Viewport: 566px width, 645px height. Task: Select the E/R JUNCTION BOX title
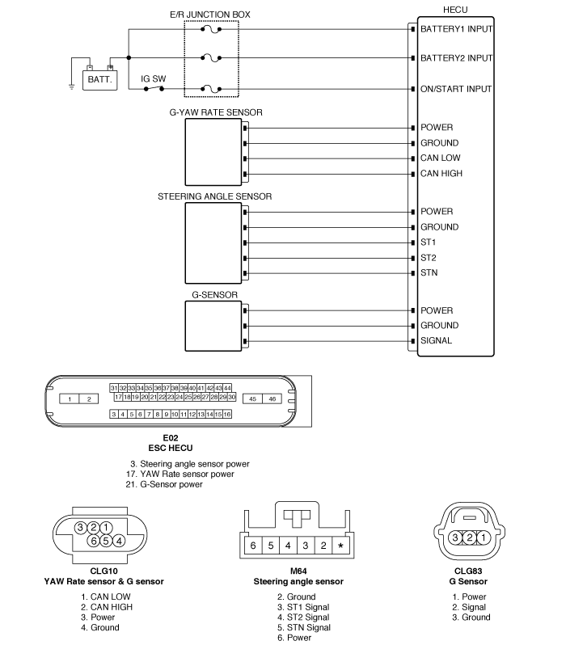pyautogui.click(x=211, y=15)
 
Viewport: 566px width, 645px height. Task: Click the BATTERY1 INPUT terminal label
pyautogui.click(x=456, y=29)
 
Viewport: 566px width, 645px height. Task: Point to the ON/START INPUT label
pyautogui.click(x=457, y=89)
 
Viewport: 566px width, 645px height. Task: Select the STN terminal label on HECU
pyautogui.click(x=429, y=273)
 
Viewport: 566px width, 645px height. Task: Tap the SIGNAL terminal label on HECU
pyautogui.click(x=437, y=341)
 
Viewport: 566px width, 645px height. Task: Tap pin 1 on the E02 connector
pyautogui.click(x=71, y=398)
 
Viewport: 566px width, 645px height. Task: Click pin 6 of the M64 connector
pyautogui.click(x=252, y=546)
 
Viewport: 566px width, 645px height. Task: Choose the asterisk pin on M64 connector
pyautogui.click(x=341, y=546)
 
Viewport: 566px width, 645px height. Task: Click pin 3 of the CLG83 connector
pyautogui.click(x=456, y=537)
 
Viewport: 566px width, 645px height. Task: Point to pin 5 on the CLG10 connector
pyautogui.click(x=106, y=540)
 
